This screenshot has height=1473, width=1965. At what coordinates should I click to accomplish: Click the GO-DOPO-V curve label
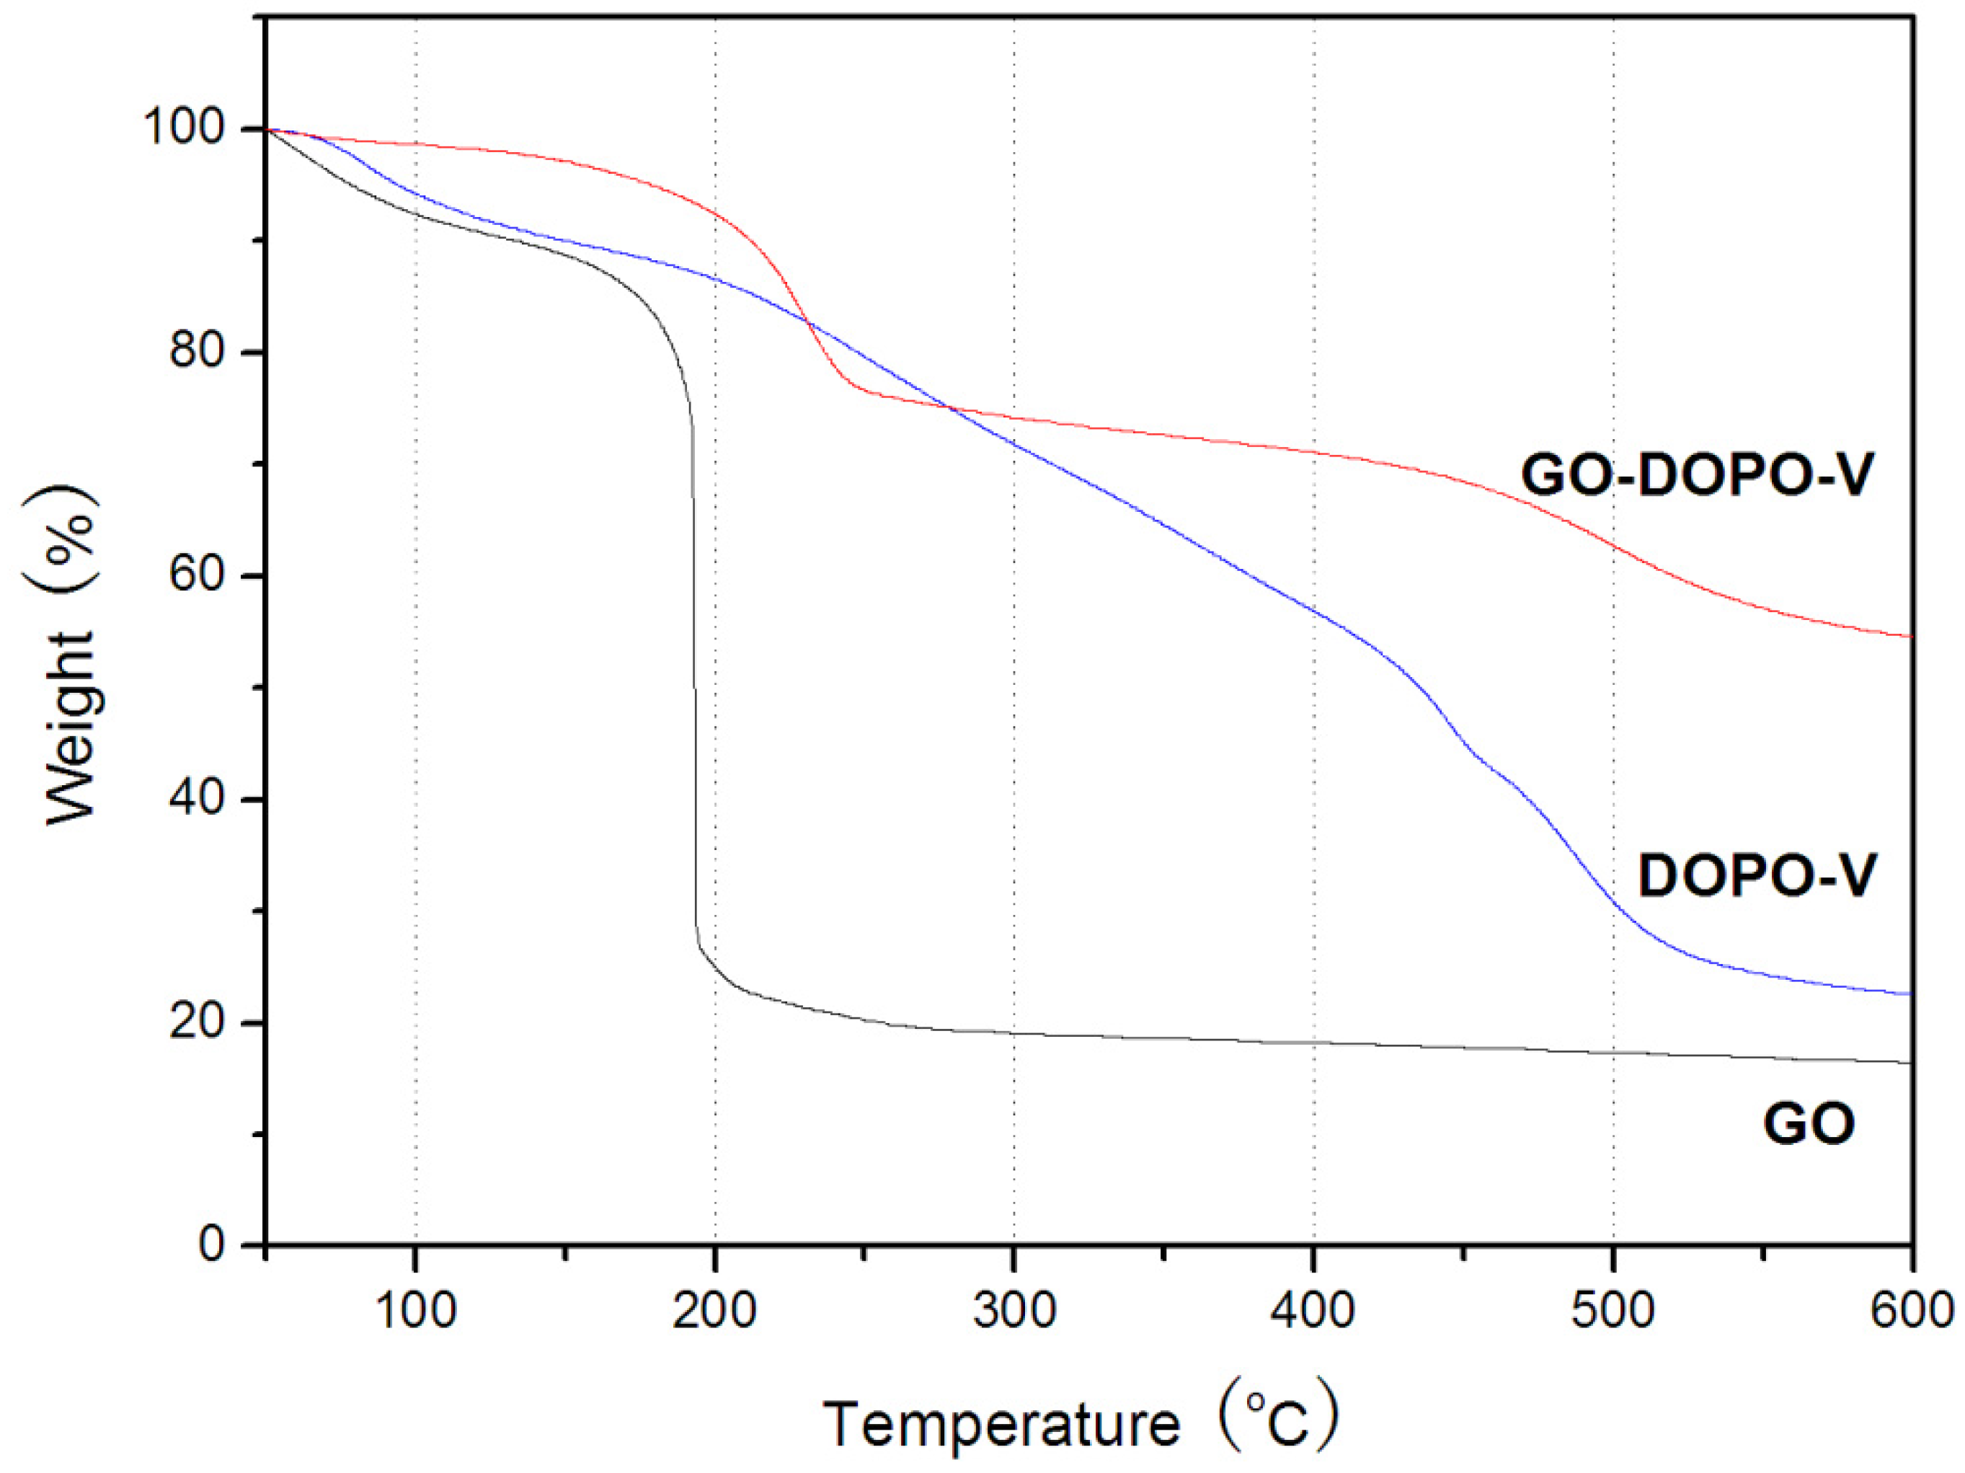pos(1698,475)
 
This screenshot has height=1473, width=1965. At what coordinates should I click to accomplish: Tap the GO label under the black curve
pos(1809,1123)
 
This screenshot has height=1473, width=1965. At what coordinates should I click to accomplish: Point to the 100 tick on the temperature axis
pos(416,1311)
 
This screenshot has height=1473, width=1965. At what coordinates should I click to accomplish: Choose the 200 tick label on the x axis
pos(714,1311)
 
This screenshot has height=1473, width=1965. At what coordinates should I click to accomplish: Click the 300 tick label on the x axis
pos(1013,1311)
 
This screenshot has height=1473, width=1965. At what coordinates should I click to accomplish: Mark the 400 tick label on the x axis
pos(1313,1311)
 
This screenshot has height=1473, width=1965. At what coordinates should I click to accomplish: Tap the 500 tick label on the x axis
pos(1613,1311)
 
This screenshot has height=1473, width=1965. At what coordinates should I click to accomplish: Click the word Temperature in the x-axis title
pos(1002,1424)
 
